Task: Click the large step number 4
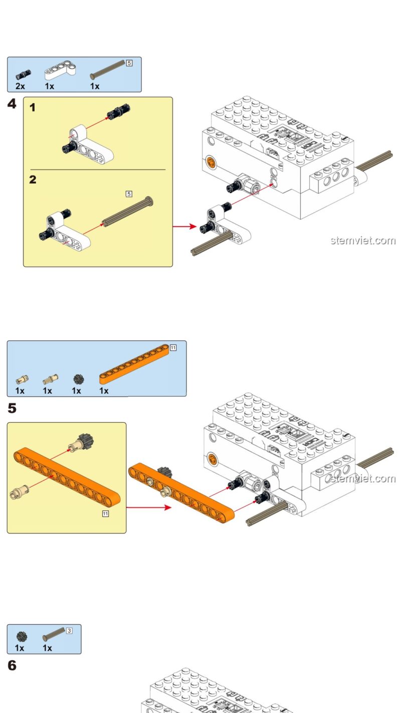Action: [x=12, y=104]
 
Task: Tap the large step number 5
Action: [x=12, y=409]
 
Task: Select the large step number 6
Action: [x=12, y=666]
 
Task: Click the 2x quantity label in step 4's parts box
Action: [x=20, y=86]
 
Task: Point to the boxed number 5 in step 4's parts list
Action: [x=129, y=63]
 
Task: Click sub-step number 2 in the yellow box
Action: [x=33, y=180]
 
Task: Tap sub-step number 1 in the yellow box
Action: [x=33, y=107]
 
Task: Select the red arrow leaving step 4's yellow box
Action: [x=184, y=226]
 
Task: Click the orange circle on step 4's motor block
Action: [x=212, y=161]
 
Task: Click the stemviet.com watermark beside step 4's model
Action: [x=363, y=240]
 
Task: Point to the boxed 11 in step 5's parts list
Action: [x=173, y=348]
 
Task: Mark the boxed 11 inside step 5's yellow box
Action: [x=105, y=514]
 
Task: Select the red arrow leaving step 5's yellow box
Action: [x=148, y=507]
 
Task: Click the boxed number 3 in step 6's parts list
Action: [x=69, y=630]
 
